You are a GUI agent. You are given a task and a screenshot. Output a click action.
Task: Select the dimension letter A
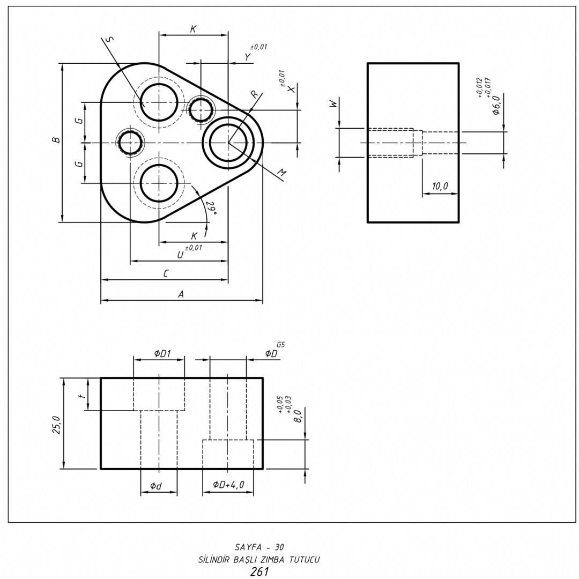181,294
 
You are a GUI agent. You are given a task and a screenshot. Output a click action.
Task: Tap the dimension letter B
56,141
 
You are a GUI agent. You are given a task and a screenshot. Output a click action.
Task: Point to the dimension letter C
166,273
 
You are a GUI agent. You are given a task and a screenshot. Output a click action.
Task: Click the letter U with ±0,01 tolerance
181,255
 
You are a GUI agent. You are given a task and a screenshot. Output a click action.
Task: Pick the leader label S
110,39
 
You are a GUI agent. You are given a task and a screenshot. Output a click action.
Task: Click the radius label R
254,94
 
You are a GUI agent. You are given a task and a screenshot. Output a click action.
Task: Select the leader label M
281,173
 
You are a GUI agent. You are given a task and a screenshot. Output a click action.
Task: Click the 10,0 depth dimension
440,186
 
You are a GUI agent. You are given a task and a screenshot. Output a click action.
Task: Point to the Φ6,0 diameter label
496,105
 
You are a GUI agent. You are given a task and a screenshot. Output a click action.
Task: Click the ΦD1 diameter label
162,353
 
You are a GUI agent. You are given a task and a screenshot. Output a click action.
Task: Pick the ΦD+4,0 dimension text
228,485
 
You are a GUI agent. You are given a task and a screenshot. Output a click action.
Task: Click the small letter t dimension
81,396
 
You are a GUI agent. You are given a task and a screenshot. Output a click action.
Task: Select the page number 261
259,572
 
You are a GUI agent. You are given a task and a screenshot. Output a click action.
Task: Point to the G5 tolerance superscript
280,345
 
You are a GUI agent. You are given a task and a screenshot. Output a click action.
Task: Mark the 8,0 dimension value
298,415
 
